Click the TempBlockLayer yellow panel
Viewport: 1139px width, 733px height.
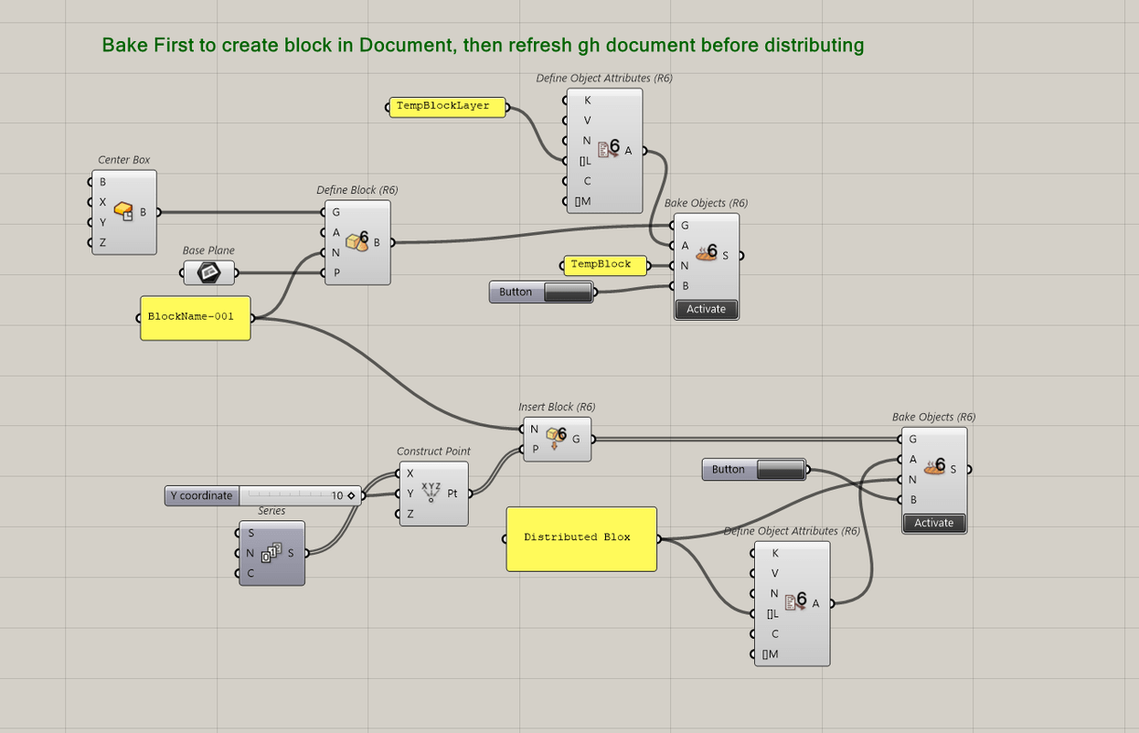coord(443,107)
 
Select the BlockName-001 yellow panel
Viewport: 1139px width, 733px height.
coord(195,317)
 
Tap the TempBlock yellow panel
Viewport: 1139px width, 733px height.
coord(601,265)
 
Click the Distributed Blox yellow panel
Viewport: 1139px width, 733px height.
coord(580,537)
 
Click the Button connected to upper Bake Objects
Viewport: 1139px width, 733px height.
coord(541,292)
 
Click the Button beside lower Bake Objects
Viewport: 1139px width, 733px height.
coord(753,470)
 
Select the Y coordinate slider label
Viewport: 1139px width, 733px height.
coord(202,495)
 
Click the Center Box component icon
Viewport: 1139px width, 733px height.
coord(123,212)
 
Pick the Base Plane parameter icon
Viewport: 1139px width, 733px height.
coord(208,272)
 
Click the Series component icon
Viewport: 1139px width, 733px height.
coord(271,553)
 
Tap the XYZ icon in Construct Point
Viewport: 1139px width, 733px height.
coord(431,493)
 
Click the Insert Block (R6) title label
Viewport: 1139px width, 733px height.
coord(557,407)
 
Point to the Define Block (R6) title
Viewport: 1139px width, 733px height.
coord(357,190)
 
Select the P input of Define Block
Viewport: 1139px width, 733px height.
coord(336,272)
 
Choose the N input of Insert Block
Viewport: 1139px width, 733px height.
coord(535,429)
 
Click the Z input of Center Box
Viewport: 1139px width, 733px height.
coord(102,242)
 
